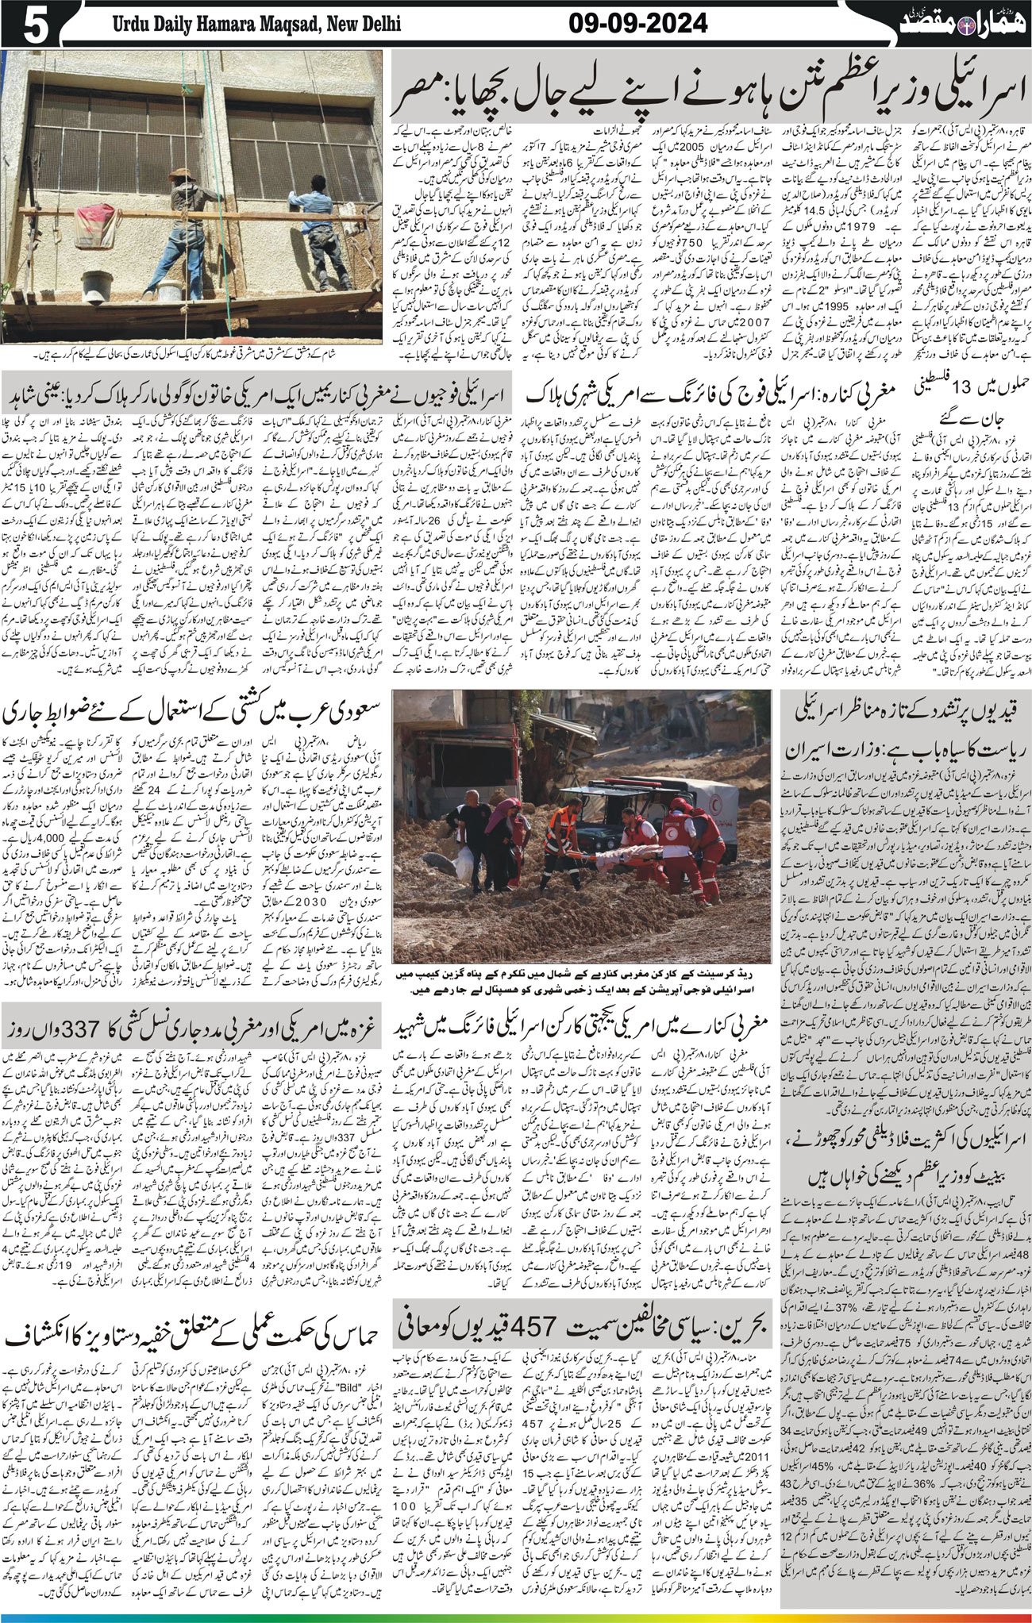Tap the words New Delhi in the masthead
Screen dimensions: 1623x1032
(x=363, y=25)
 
